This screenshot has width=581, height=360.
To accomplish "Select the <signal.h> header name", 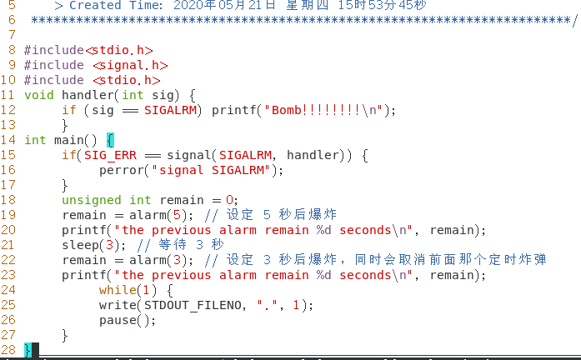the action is [x=130, y=65].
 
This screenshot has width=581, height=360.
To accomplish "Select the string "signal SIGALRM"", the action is [x=213, y=170].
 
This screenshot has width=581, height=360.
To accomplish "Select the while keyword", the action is [x=118, y=290].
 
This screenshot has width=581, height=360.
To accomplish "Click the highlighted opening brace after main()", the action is [x=110, y=140].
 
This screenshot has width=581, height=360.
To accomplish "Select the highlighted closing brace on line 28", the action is [x=28, y=350].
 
